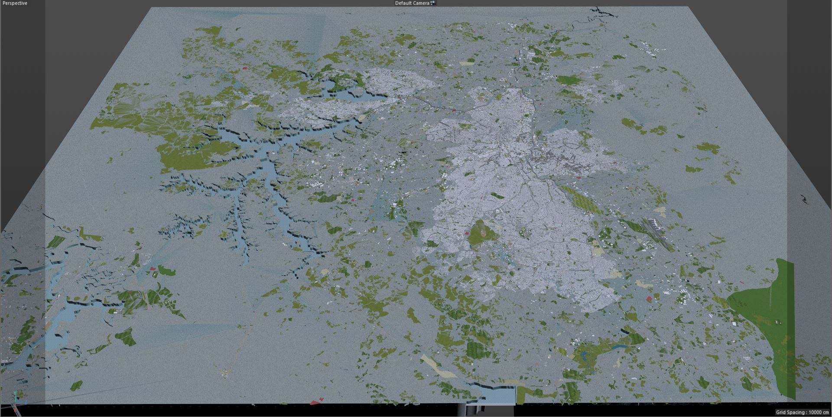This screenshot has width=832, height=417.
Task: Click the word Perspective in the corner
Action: click(x=15, y=3)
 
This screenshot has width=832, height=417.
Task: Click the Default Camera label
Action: click(x=412, y=3)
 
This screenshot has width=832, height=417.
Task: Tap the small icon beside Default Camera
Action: click(x=432, y=3)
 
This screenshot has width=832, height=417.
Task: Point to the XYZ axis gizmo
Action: click(x=16, y=398)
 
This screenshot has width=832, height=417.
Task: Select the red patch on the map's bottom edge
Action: click(x=317, y=401)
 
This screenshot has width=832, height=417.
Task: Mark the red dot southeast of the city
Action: click(x=649, y=299)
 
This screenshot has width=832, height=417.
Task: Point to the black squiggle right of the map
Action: click(x=804, y=199)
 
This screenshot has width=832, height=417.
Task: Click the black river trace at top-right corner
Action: click(x=604, y=13)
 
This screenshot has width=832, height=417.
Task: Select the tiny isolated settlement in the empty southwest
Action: click(x=225, y=372)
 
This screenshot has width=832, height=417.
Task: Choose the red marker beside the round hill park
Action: click(x=467, y=233)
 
